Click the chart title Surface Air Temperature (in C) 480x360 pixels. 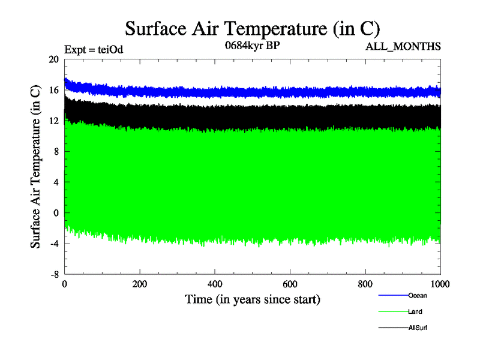pos(252,28)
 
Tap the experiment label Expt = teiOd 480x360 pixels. pos(93,49)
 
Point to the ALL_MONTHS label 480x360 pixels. pos(403,46)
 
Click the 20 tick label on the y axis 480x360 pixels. pos(53,59)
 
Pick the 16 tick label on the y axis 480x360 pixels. pos(53,90)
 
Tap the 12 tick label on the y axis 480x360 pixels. pos(53,121)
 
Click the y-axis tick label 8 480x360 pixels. pos(56,152)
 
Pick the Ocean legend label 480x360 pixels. pos(418,295)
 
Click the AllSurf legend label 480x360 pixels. pos(418,328)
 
